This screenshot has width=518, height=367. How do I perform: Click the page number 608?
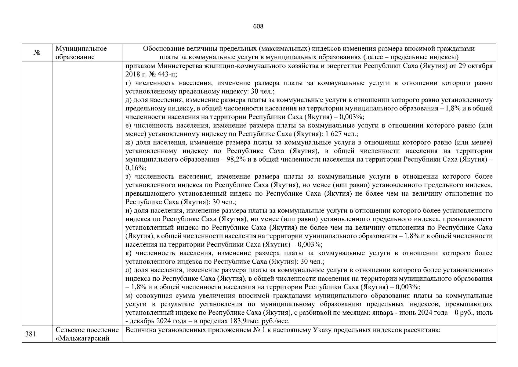point(258,26)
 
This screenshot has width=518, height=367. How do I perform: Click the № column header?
point(37,53)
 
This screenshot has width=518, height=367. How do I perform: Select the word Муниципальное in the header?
point(81,49)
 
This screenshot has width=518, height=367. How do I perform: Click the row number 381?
point(30,334)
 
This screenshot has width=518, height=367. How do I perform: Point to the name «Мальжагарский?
point(83,339)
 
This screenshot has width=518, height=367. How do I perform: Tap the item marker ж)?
point(129,143)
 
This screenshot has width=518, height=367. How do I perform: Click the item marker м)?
point(129,296)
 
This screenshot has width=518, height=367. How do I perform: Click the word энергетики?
point(342,66)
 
